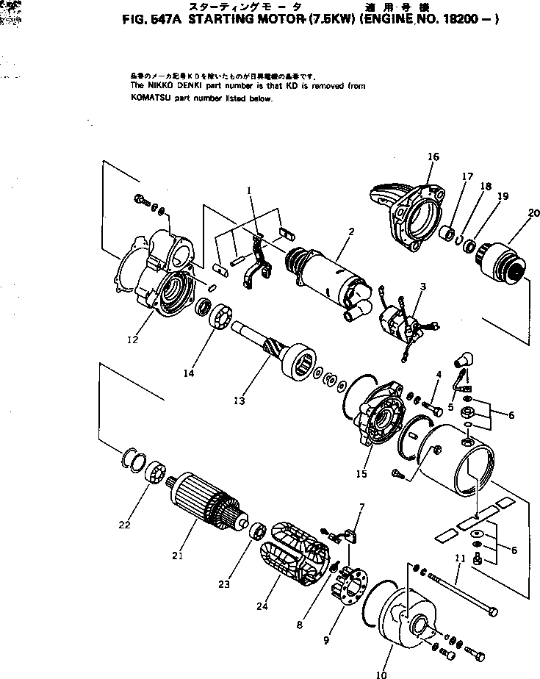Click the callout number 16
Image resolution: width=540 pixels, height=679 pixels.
[x=433, y=157]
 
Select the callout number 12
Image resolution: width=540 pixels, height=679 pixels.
[x=132, y=339]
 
